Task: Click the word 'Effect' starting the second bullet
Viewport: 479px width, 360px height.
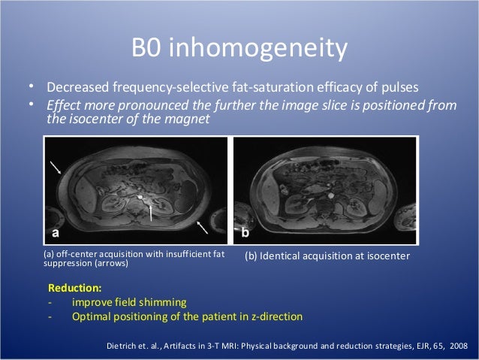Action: click(x=65, y=105)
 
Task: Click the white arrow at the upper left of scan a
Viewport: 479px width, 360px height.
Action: click(x=57, y=166)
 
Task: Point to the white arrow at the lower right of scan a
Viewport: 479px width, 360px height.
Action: click(x=200, y=225)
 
